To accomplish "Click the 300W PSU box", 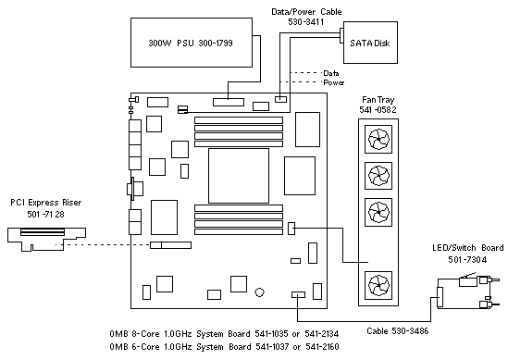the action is [x=192, y=43].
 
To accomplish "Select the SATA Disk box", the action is [x=370, y=43].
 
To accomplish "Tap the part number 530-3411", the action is [x=306, y=21].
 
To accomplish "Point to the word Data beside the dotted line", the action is [x=331, y=73].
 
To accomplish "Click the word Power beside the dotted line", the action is [x=334, y=82].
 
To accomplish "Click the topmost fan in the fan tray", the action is [x=378, y=140].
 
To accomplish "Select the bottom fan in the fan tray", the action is [x=378, y=285].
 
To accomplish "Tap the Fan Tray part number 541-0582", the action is [x=378, y=110].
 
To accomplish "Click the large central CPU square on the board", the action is [x=239, y=176].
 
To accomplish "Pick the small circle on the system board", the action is [x=259, y=292].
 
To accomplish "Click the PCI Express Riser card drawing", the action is [x=46, y=239].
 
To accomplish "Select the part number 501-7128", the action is [x=45, y=214].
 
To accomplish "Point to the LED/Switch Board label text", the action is [x=468, y=248].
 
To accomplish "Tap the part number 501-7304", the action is [x=467, y=259].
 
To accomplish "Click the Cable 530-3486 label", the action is [x=398, y=330].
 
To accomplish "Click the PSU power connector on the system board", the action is [x=229, y=102].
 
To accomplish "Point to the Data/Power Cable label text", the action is [x=306, y=12].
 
